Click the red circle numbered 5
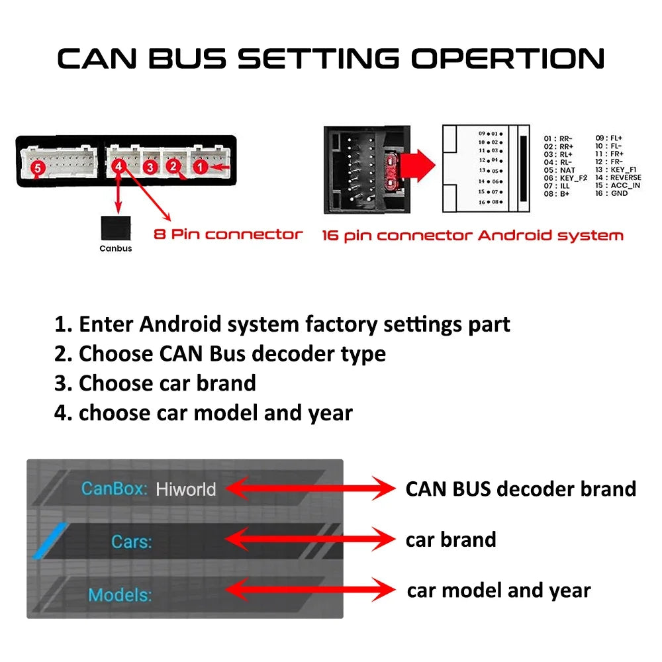point(37,169)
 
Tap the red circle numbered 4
point(119,166)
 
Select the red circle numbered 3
point(150,167)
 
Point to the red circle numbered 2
point(173,166)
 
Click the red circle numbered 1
point(200,167)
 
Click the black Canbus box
point(115,228)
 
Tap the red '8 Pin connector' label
point(228,234)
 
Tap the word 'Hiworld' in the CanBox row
point(186,489)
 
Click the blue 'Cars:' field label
point(132,542)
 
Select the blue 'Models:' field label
point(120,594)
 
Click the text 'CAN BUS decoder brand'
point(520,489)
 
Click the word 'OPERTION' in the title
point(508,58)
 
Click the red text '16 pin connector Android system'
point(473,235)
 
